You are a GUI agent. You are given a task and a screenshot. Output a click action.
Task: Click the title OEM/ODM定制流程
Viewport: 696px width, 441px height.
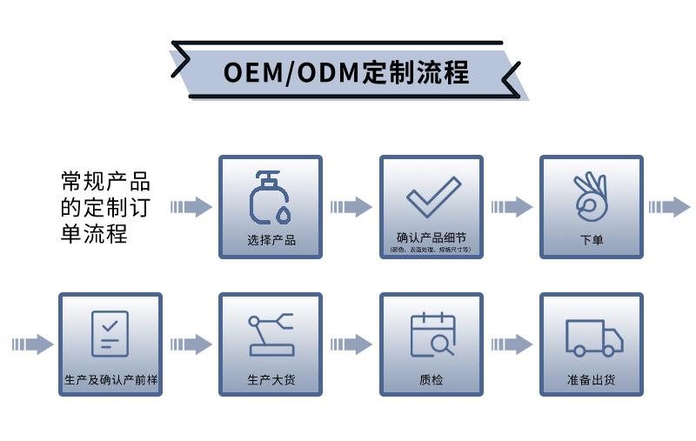pyautogui.click(x=346, y=71)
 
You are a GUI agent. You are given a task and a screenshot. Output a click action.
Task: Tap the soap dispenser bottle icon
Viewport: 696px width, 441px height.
pyautogui.click(x=270, y=197)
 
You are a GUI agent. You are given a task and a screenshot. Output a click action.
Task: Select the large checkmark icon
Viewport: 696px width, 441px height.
pyautogui.click(x=432, y=197)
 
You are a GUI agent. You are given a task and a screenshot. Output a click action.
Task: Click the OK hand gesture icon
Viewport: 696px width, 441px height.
pyautogui.click(x=591, y=196)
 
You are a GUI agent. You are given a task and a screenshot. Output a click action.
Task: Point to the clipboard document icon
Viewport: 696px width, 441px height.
pyautogui.click(x=110, y=333)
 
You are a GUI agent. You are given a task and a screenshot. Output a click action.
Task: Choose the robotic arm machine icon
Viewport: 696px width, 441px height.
pyautogui.click(x=271, y=335)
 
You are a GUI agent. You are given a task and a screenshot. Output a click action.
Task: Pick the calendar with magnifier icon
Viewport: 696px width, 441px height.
pyautogui.click(x=432, y=335)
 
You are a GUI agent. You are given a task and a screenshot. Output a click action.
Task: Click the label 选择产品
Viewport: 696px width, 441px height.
pyautogui.click(x=271, y=240)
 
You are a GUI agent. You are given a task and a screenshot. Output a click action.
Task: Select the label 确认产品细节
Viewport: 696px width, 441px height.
pyautogui.click(x=431, y=237)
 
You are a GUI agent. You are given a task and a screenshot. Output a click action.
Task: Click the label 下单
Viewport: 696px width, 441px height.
pyautogui.click(x=592, y=240)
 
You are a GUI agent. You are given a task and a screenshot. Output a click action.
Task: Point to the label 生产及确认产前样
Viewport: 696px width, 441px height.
pyautogui.click(x=110, y=380)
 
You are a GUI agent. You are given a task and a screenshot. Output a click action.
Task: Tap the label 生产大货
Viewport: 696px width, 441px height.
pyautogui.click(x=271, y=380)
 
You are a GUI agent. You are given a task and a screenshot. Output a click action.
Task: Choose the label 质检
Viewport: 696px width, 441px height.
pyautogui.click(x=432, y=380)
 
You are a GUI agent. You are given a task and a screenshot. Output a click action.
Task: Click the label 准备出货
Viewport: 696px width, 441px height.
pyautogui.click(x=592, y=380)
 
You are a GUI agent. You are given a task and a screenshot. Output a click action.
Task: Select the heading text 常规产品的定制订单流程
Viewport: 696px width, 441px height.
pyautogui.click(x=105, y=207)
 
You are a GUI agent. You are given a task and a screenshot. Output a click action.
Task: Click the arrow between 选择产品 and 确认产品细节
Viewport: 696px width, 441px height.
pyautogui.click(x=351, y=207)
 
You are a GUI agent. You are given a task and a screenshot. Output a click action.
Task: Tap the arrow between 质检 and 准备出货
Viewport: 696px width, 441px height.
pyautogui.click(x=512, y=344)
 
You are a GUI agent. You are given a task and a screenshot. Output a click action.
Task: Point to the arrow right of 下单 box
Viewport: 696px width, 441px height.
pyautogui.click(x=669, y=207)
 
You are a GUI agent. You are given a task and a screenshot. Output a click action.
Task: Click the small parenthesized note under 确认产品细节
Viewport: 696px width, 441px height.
pyautogui.click(x=431, y=250)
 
